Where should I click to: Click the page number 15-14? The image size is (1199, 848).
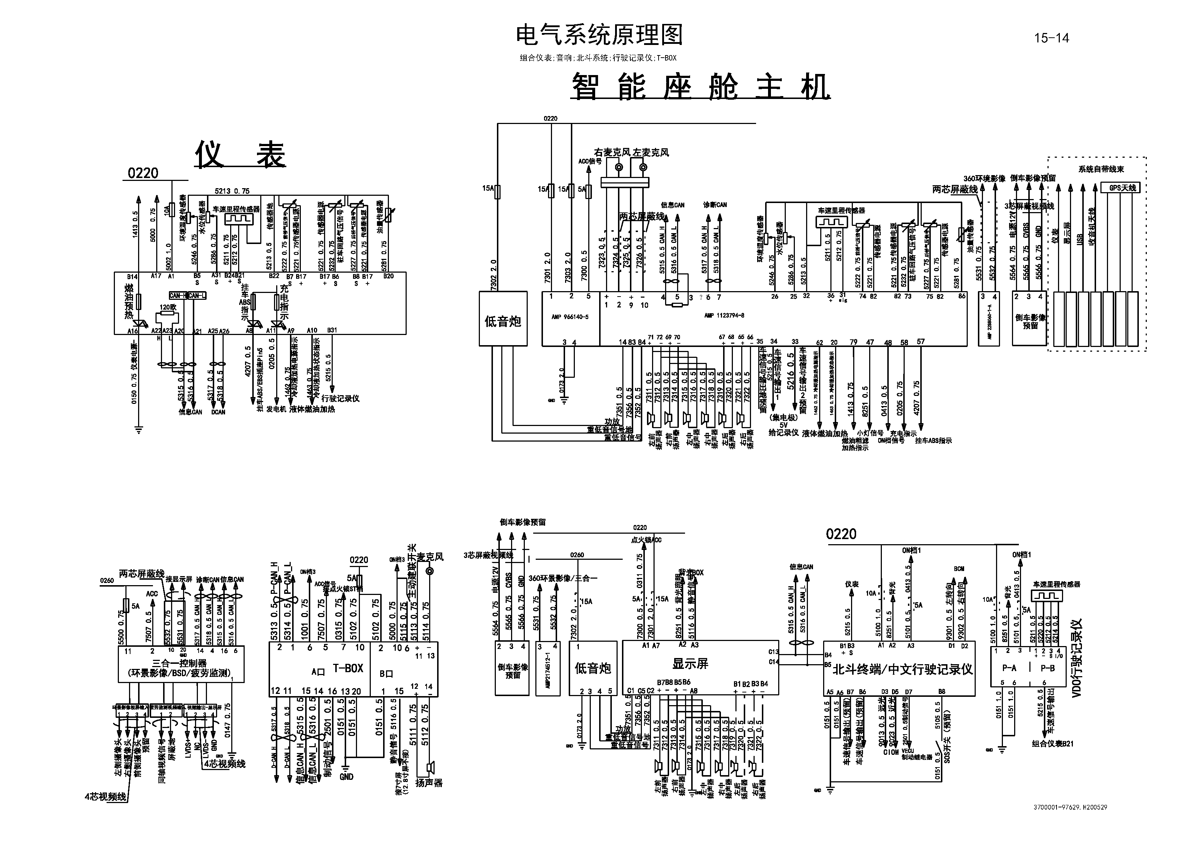coord(1051,38)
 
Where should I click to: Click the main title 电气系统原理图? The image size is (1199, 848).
coord(599,35)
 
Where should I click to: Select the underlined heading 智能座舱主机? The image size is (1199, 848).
coord(700,87)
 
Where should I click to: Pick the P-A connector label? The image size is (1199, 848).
coord(1009,668)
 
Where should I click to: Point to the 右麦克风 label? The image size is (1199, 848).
coord(612,153)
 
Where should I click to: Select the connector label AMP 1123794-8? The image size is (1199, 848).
coord(724,315)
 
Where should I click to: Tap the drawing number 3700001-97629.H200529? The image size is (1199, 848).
coord(1070,807)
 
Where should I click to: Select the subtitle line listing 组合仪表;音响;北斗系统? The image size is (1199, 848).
coord(598,58)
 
